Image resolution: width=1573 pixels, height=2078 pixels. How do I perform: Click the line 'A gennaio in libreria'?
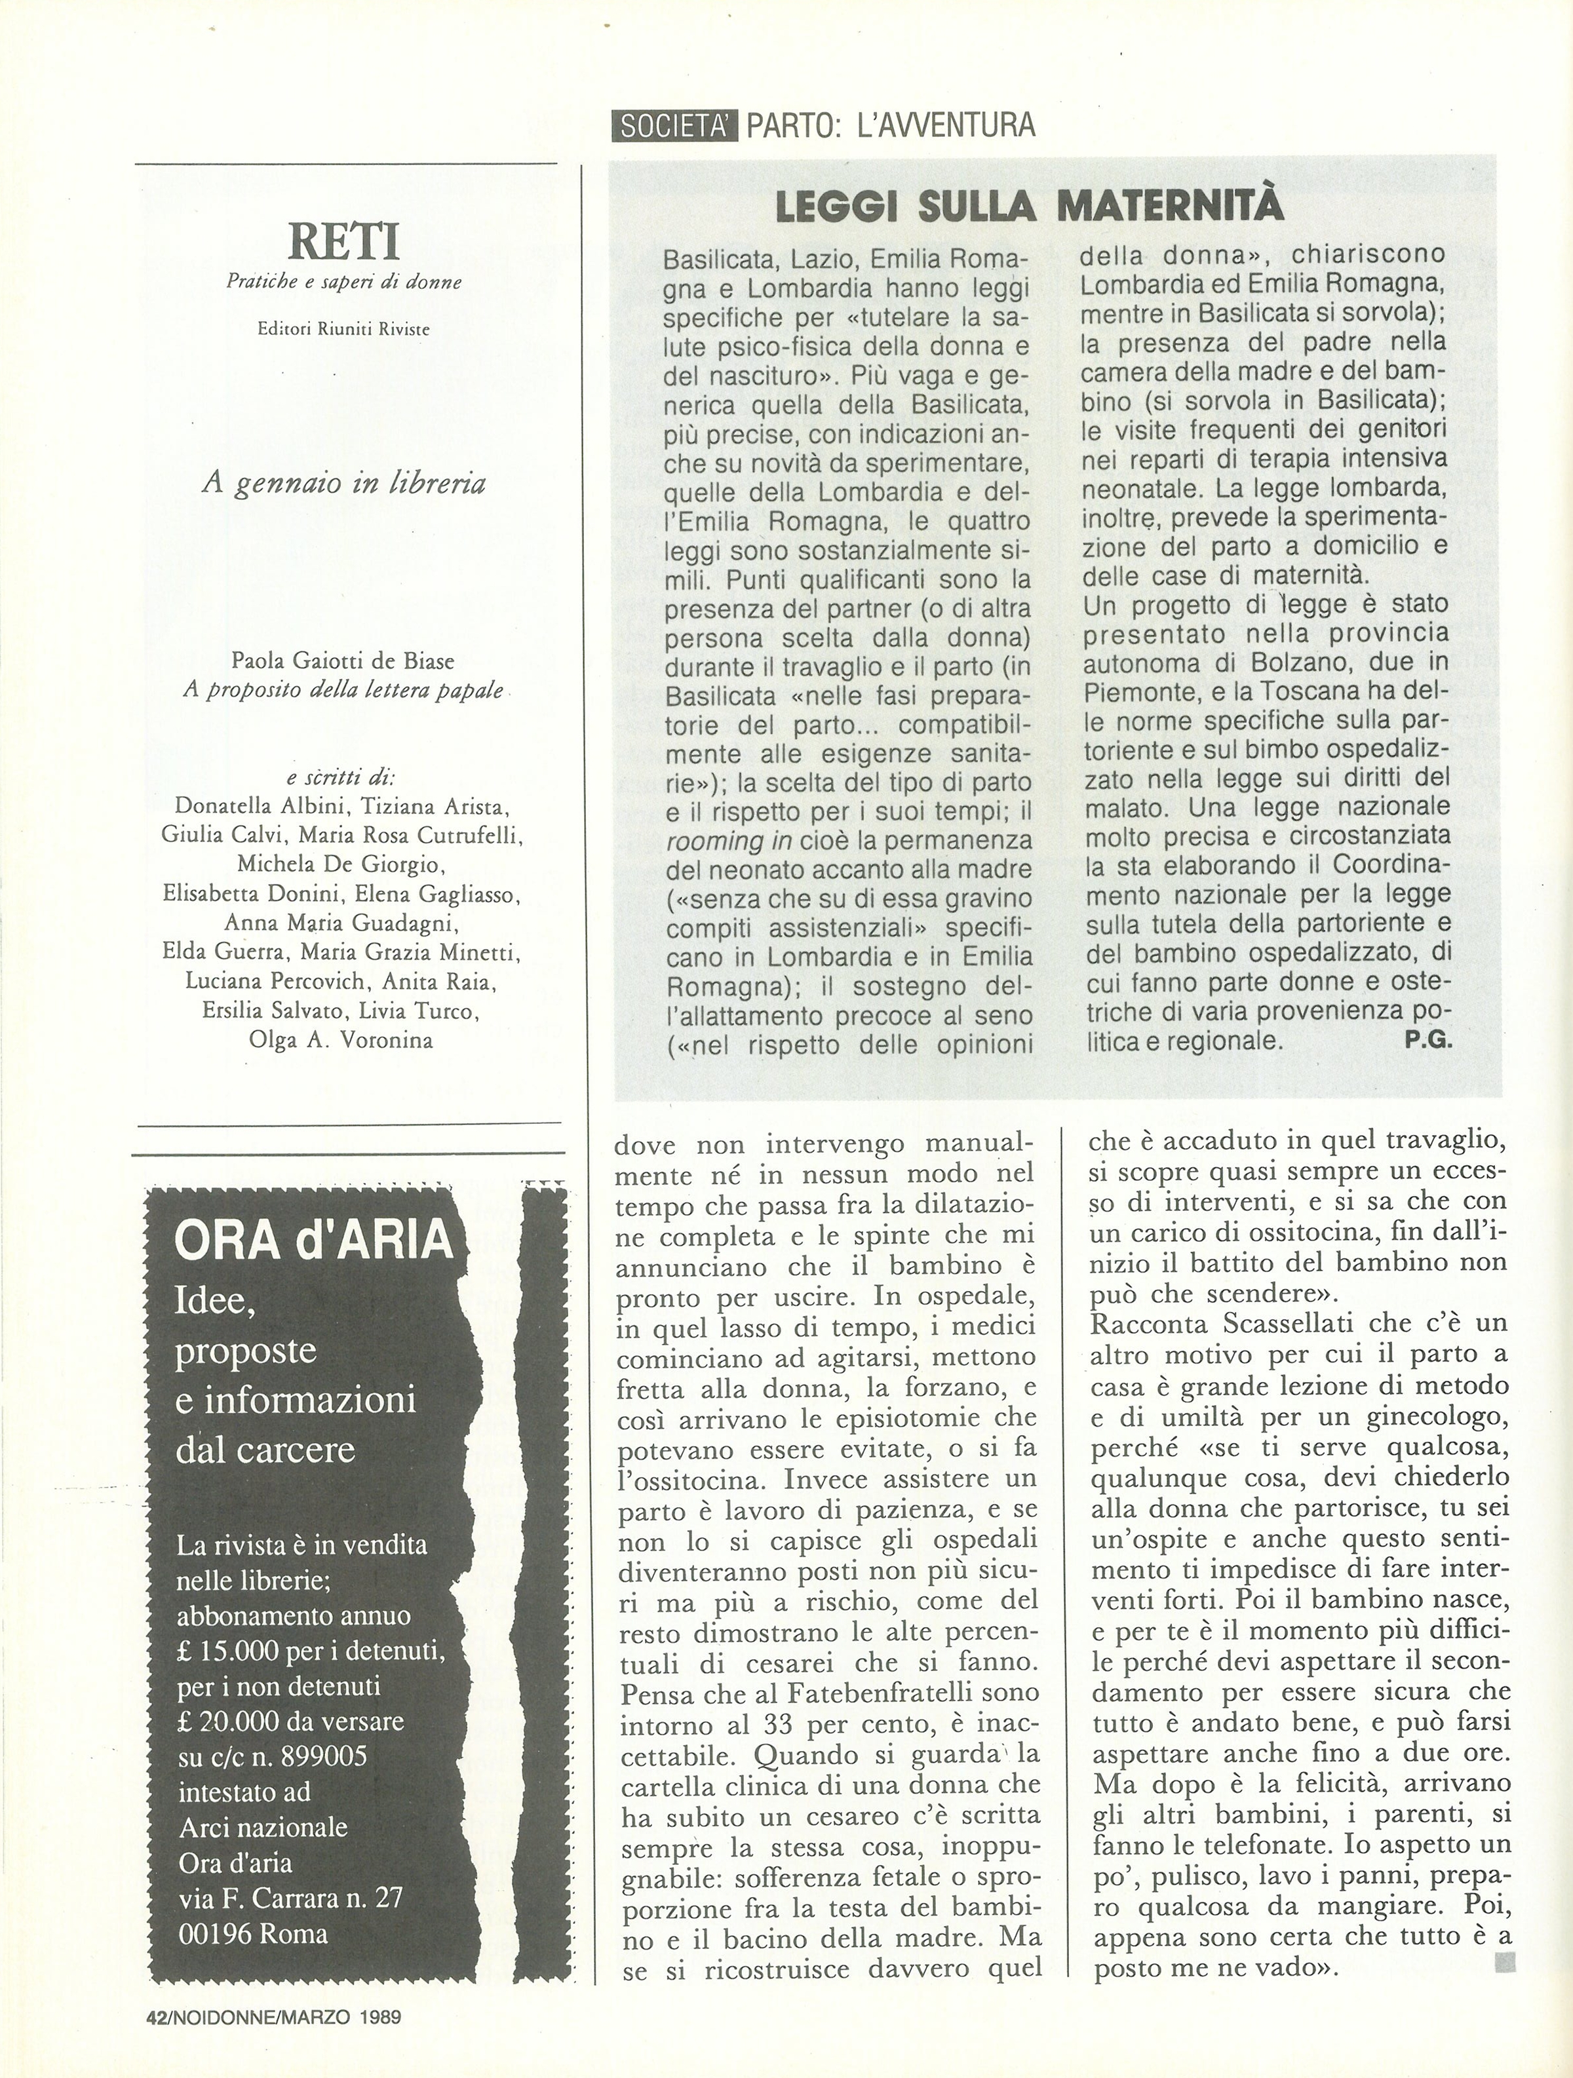[344, 484]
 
